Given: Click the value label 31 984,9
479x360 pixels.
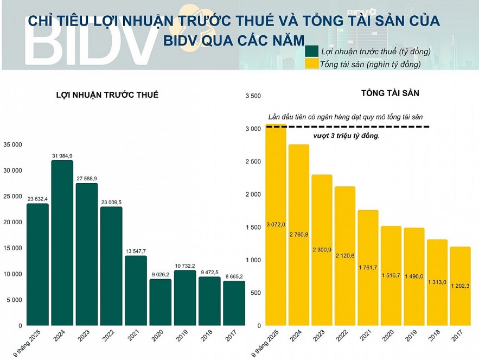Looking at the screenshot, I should coord(62,156).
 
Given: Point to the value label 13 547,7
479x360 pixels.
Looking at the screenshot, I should coord(136,251).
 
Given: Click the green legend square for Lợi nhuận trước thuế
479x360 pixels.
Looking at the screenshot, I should coord(311,52).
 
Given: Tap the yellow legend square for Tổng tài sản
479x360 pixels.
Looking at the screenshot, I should coord(311,64).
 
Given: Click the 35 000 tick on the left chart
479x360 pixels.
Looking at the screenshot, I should coord(12,144).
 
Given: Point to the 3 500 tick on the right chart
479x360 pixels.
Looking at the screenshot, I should coord(254,96).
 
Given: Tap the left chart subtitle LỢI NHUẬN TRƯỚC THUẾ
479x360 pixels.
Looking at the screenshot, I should coord(107,95).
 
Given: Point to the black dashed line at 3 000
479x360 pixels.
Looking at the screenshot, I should coord(353,127).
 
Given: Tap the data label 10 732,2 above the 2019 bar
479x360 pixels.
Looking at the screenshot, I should coord(184,266).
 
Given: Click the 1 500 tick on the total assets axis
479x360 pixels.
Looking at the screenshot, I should coord(254,228).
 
